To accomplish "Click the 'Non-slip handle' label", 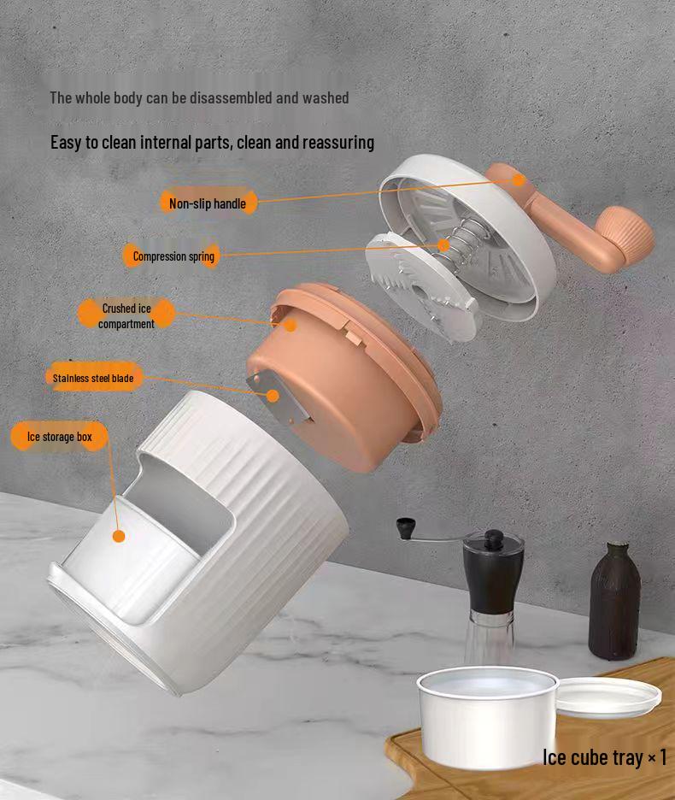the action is [x=208, y=203].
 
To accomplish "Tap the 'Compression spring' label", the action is [x=173, y=256].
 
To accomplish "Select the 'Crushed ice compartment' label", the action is [x=126, y=316].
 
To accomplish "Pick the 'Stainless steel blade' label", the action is [x=93, y=378].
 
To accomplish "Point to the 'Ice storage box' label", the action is [x=59, y=437].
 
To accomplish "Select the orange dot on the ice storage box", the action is [x=119, y=536].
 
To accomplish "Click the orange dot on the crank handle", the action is [x=519, y=180].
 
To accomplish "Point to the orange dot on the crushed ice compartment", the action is [x=291, y=325].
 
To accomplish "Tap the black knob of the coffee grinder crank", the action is [x=406, y=526].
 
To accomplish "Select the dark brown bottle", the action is [x=614, y=602].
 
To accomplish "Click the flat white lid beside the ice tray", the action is [x=608, y=697].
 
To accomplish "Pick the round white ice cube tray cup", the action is [x=487, y=717].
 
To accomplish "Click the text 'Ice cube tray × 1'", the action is [x=604, y=757].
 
